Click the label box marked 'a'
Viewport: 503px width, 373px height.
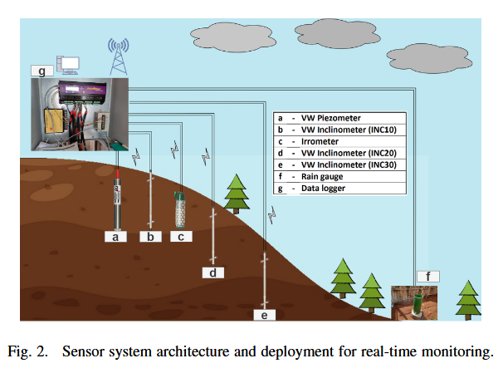(x=118, y=237)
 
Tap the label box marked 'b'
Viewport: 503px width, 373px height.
(x=150, y=237)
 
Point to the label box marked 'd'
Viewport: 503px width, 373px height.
(x=213, y=272)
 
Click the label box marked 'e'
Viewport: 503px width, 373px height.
(x=265, y=314)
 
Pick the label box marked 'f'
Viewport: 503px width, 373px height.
(x=427, y=276)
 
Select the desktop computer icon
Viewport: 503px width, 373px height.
(x=68, y=63)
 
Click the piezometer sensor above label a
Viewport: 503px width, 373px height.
(x=119, y=199)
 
